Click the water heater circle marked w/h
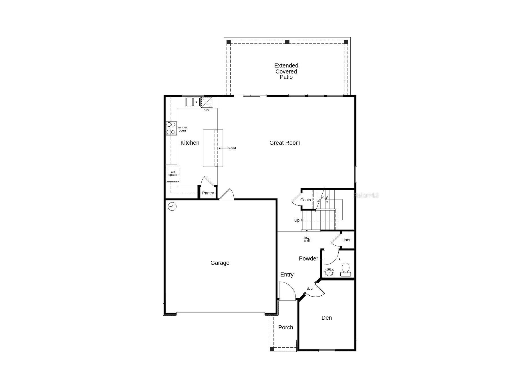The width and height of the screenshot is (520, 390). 172,206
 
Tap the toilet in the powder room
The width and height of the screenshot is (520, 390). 346,270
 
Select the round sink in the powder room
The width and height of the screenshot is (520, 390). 329,273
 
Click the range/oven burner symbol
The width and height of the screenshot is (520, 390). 171,128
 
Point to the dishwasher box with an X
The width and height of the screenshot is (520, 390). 207,102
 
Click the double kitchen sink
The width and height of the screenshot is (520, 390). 193,102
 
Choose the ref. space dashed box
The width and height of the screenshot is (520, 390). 173,173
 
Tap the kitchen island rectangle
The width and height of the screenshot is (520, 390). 213,148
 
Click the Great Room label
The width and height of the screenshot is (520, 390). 285,143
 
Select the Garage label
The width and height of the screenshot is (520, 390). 220,263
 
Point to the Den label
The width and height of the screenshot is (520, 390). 326,318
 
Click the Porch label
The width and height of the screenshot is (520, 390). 285,327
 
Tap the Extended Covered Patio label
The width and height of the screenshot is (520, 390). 286,71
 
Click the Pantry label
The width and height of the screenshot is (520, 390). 208,193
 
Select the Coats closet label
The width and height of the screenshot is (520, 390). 305,200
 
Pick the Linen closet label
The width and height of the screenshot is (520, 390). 346,240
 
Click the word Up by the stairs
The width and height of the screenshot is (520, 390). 297,220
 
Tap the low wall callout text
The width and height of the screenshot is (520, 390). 307,239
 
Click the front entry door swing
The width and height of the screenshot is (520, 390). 287,291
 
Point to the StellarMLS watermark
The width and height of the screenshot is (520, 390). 366,195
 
